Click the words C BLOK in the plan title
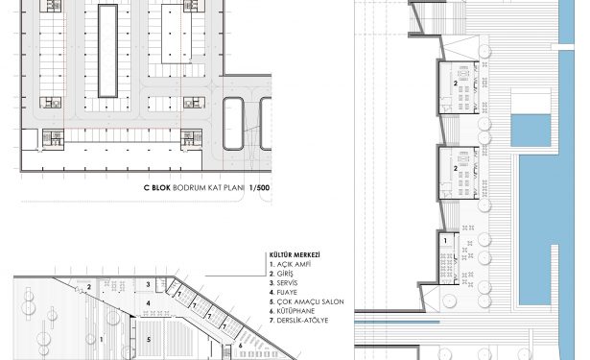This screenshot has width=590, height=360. click(157, 188)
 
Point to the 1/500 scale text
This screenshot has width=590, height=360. click(260, 188)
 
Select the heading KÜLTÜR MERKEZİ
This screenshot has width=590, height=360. click(295, 255)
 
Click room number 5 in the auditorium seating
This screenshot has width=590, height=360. click(149, 339)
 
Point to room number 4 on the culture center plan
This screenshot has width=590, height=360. click(149, 303)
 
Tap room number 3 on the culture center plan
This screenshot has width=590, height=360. click(149, 285)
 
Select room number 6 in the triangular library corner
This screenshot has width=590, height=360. click(240, 345)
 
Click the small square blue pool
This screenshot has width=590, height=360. click(531, 131)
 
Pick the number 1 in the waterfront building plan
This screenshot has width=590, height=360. click(445, 241)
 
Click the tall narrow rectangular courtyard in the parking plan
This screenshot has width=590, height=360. click(108, 51)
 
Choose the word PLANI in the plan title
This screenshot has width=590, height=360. click(234, 188)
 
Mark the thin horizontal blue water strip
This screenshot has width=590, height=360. click(397, 323)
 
